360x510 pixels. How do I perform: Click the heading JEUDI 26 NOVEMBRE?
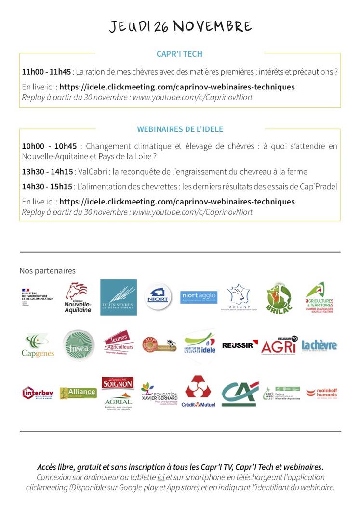[x=180, y=27]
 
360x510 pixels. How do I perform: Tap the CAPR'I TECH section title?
[x=179, y=54]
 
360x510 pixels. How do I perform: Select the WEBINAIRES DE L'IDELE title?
[x=180, y=129]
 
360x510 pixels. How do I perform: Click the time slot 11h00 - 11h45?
[x=46, y=72]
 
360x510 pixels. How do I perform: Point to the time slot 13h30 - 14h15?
[x=47, y=172]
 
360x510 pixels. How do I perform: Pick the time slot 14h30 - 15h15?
[x=47, y=187]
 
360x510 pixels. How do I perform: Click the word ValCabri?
[x=92, y=172]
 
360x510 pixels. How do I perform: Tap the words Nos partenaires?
[x=47, y=271]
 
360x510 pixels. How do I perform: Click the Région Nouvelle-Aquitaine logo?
[x=78, y=298]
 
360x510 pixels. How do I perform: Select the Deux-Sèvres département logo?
[x=118, y=297]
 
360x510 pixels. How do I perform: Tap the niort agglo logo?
[x=199, y=297]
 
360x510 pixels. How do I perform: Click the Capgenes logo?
[x=38, y=346]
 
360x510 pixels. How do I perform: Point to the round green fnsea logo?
[x=76, y=345]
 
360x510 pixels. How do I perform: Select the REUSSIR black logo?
[x=240, y=344]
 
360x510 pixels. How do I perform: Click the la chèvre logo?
[x=319, y=345]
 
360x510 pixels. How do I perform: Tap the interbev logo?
[x=37, y=393]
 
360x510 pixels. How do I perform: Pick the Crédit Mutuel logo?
[x=198, y=392]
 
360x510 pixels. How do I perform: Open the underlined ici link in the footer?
[x=160, y=477]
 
